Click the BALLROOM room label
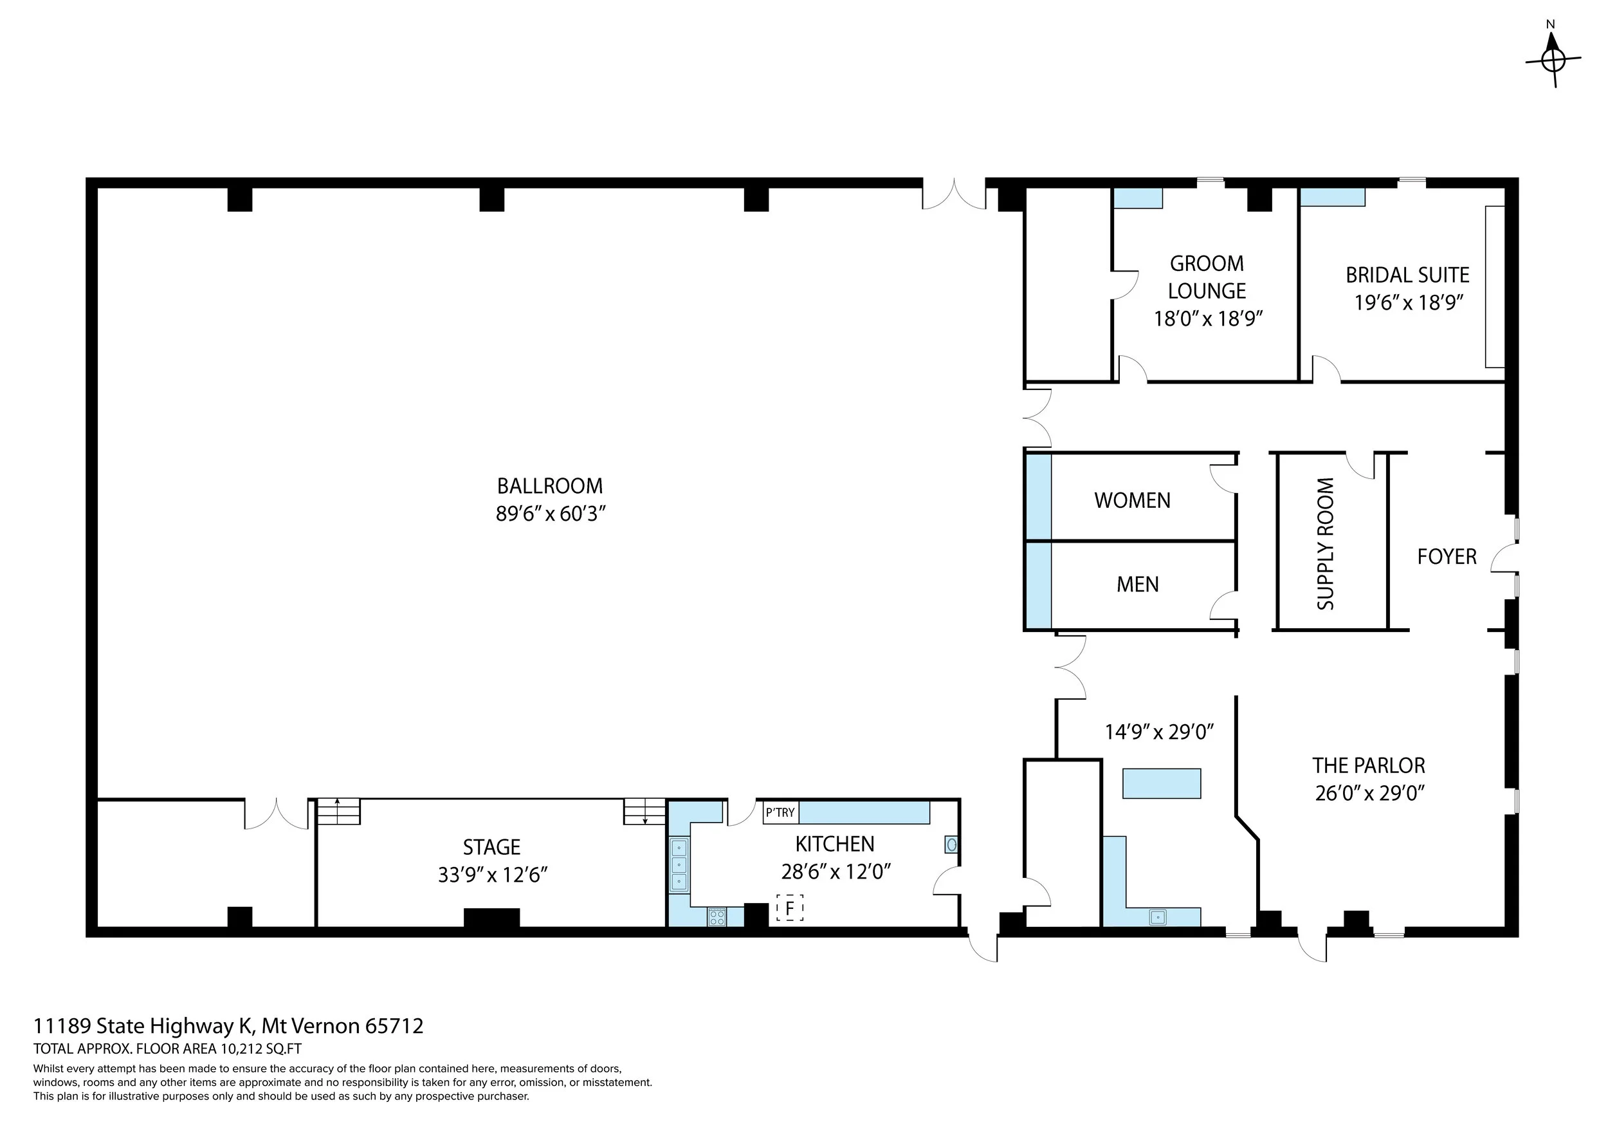550,485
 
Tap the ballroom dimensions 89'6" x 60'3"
550,514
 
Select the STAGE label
491,847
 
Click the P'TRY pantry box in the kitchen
780,812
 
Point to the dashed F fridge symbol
789,908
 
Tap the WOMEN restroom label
1133,500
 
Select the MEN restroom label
1137,584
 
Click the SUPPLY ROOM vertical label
1326,544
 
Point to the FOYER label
1447,556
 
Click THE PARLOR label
1369,765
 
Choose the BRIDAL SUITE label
1408,275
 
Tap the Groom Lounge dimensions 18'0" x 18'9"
1207,319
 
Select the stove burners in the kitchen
717,917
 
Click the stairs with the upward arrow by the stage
338,812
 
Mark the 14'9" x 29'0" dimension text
1159,732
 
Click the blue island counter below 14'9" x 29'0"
1162,783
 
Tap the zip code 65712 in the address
394,1027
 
